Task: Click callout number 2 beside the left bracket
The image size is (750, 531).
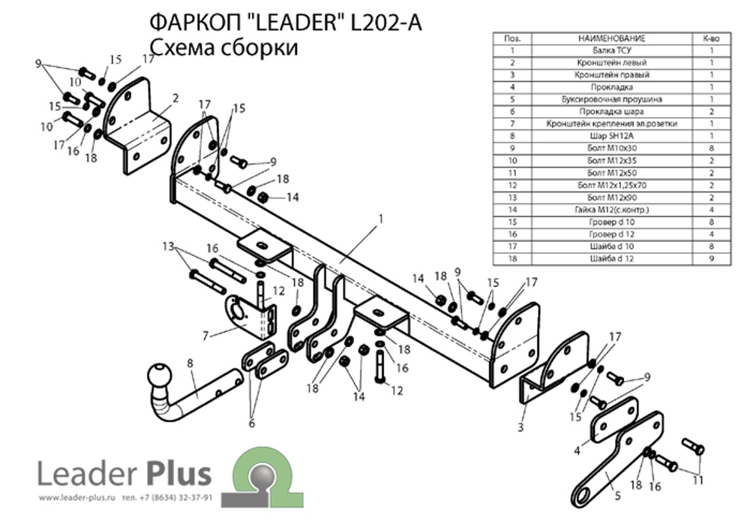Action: (x=175, y=98)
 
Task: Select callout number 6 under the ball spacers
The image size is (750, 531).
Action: (x=251, y=424)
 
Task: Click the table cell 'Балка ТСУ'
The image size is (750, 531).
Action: (x=611, y=51)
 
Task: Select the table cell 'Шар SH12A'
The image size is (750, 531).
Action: (x=611, y=135)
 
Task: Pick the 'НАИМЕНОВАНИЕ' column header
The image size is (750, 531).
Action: (x=611, y=38)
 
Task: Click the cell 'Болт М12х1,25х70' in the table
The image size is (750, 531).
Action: (x=611, y=184)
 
